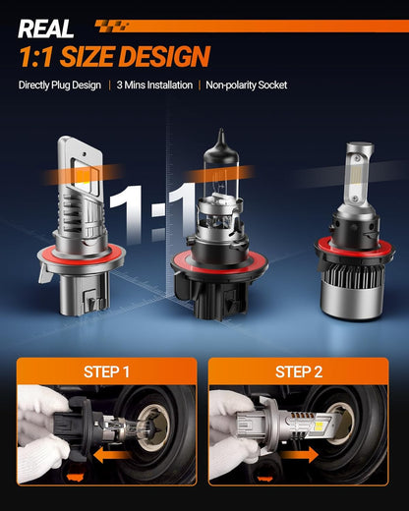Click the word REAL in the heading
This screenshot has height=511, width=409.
coord(46,28)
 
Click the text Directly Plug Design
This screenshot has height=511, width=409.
coord(60,85)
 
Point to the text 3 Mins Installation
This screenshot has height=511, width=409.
coord(154,85)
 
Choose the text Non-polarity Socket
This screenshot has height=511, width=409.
coord(247,85)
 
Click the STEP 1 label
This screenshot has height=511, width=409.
coord(106,371)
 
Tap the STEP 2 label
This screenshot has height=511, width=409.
coord(299,371)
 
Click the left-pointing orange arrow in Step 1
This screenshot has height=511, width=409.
coord(111,455)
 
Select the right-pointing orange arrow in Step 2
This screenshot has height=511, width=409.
coord(300,455)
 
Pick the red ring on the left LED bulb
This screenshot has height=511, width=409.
coord(81,257)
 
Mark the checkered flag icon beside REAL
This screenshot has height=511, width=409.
coord(111,26)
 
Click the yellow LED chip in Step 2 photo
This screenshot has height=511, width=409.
coord(321,426)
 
